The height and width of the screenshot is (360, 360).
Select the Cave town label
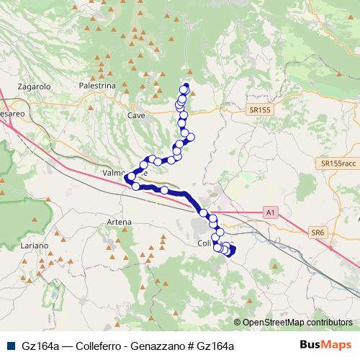(x=135, y=115)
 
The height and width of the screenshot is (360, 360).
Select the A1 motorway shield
(x=269, y=212)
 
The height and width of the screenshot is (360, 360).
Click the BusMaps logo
(x=330, y=345)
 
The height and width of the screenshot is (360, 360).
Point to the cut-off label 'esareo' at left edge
(x=12, y=114)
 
